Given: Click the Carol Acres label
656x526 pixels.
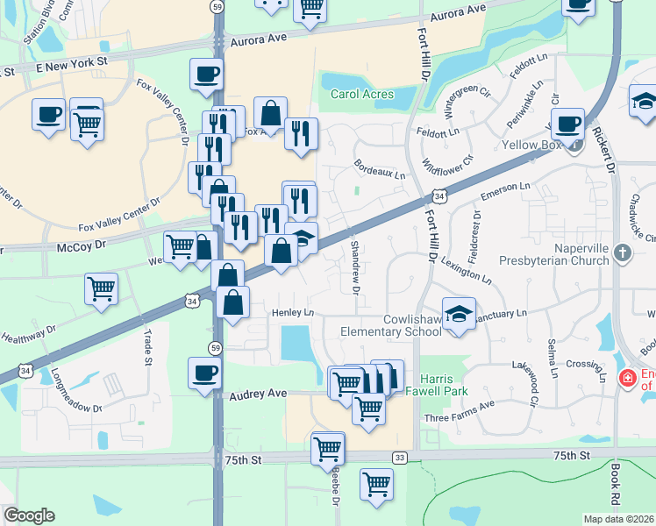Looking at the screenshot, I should tap(357, 95).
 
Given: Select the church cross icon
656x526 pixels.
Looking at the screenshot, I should tap(622, 253).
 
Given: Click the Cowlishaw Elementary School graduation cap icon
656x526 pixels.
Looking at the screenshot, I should tap(458, 313).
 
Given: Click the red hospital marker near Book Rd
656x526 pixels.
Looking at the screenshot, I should tap(627, 379).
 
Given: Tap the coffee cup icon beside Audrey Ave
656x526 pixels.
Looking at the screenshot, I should tap(204, 372).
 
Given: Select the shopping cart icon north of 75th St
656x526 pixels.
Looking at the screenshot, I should tap(327, 447).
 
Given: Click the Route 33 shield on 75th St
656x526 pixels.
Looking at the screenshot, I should tap(400, 457).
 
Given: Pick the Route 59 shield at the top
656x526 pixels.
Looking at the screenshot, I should tap(217, 5).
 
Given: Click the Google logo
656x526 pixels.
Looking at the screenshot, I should tap(29, 515).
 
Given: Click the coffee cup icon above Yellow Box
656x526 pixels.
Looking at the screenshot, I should tap(567, 124).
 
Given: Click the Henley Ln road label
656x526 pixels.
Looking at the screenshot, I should tap(292, 312).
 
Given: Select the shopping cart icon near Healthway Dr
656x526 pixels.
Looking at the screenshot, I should tap(102, 287).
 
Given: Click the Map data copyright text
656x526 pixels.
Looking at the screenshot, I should tap(619, 519).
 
